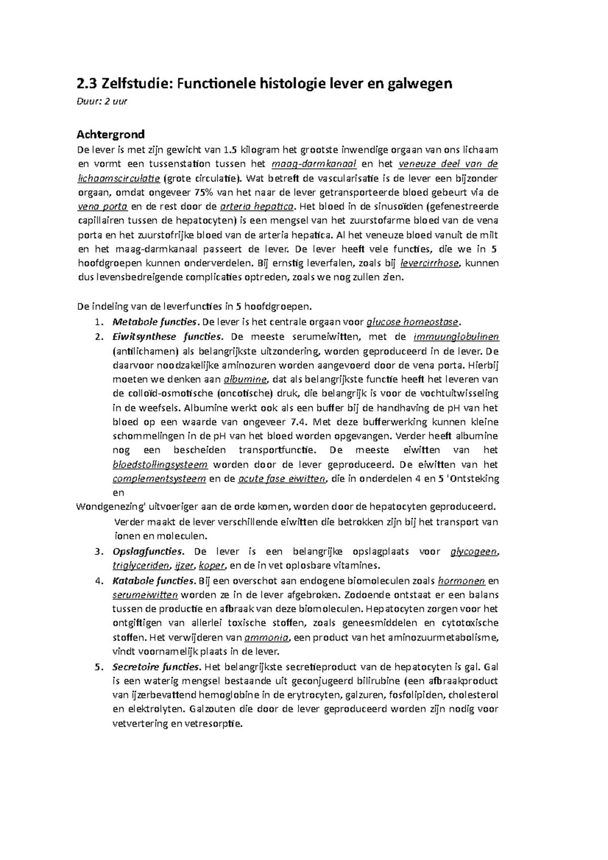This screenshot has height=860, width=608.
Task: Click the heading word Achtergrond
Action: click(x=110, y=134)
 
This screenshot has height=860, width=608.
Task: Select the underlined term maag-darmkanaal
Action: click(x=314, y=164)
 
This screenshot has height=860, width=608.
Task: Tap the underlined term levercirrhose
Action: click(x=430, y=263)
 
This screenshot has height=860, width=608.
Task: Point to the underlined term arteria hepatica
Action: click(x=258, y=206)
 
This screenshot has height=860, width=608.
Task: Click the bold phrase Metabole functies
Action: click(x=154, y=322)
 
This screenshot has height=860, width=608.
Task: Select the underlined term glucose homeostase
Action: click(x=413, y=322)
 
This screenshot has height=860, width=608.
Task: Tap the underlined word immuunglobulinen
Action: click(x=456, y=337)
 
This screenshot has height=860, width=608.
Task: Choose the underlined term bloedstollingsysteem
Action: click(x=160, y=464)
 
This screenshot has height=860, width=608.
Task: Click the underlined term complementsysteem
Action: click(x=159, y=479)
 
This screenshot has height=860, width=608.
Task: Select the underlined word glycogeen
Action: click(x=473, y=552)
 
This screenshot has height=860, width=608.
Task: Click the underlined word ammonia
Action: click(x=267, y=637)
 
